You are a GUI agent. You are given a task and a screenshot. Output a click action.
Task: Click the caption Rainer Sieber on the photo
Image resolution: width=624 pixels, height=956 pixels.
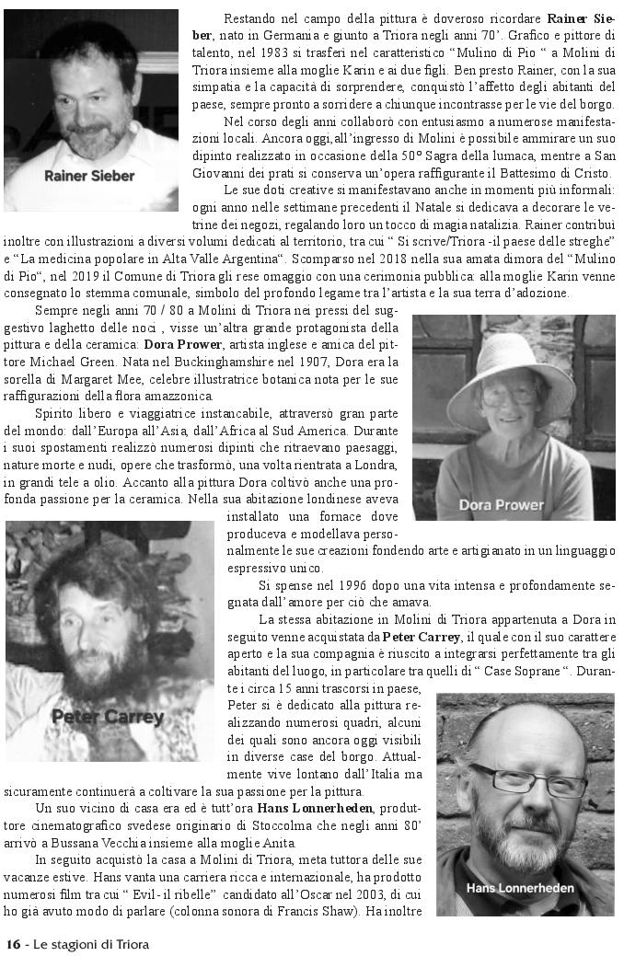[88, 175]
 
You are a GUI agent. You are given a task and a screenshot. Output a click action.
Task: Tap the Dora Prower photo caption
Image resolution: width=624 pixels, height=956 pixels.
[501, 504]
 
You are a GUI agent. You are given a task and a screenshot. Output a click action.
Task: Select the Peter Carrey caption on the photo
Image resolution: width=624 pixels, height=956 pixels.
[108, 717]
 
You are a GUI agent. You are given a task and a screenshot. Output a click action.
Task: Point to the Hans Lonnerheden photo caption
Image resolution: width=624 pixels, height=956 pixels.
[520, 888]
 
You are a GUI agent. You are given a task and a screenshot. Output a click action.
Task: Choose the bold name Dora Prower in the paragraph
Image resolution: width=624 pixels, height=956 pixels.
[182, 344]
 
